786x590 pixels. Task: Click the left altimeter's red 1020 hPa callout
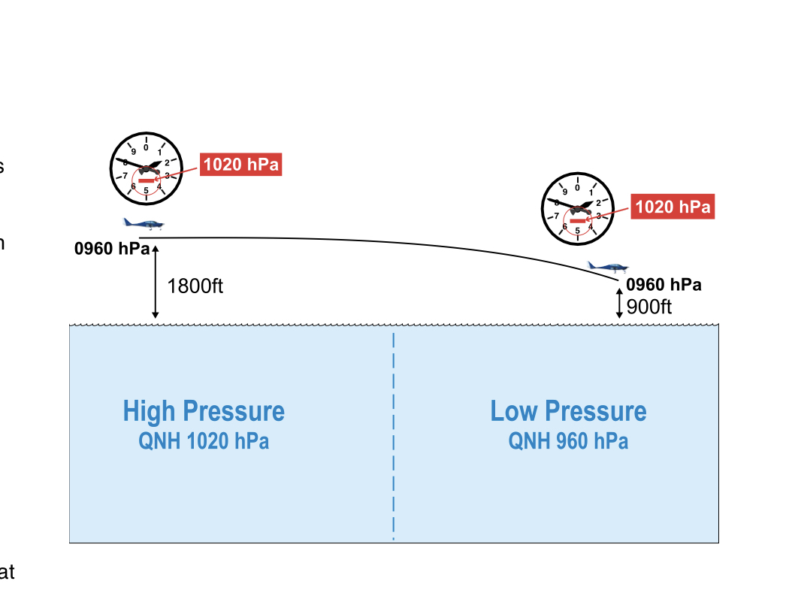click(x=240, y=165)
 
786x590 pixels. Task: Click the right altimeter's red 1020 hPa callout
click(x=673, y=207)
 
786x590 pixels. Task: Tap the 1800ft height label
click(x=195, y=286)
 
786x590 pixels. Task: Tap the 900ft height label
click(x=648, y=306)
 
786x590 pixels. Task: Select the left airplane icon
click(x=144, y=223)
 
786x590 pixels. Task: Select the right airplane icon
click(x=608, y=266)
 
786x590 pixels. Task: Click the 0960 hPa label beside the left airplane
click(x=111, y=248)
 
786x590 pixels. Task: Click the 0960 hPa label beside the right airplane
click(x=664, y=285)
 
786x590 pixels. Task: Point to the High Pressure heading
click(x=204, y=411)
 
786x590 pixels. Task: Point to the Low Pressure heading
click(x=568, y=411)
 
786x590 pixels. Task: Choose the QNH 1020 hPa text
click(x=204, y=441)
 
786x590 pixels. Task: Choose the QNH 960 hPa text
click(x=568, y=441)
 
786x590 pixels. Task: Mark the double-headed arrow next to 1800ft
click(x=156, y=281)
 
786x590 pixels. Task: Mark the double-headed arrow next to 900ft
click(x=619, y=304)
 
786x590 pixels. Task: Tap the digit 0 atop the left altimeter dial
click(x=146, y=147)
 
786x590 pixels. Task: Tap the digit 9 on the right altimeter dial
click(x=564, y=192)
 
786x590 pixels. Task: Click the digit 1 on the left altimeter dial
click(x=159, y=153)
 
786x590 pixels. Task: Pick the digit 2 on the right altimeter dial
click(x=598, y=202)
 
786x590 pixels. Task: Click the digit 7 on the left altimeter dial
click(x=125, y=175)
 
